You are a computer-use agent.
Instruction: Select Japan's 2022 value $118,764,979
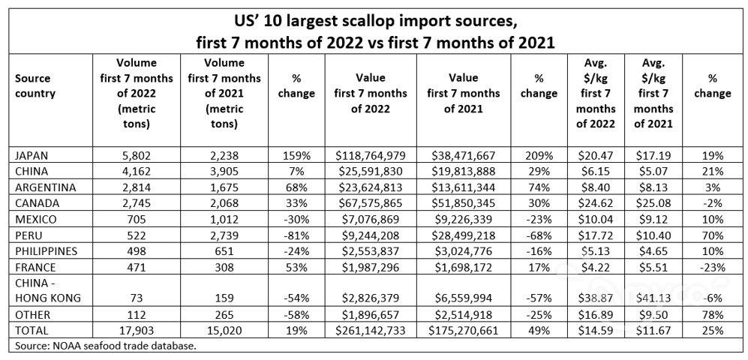tap(371, 156)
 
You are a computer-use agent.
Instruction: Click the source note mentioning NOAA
tap(105, 346)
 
